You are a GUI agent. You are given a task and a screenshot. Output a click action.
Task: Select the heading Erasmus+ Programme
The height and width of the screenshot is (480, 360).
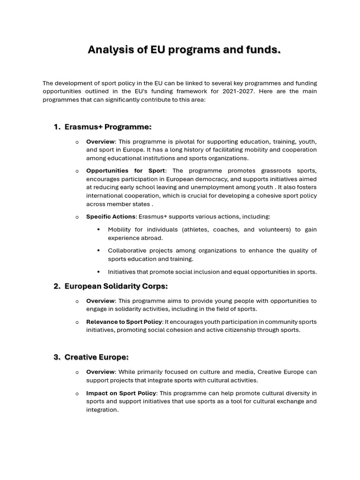click(108, 127)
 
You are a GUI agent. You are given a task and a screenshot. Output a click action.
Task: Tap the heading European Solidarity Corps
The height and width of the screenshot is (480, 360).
click(116, 286)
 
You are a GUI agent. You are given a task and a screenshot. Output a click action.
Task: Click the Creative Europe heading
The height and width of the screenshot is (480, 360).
click(96, 357)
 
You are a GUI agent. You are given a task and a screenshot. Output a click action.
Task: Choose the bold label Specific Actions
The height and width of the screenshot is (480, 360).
click(111, 217)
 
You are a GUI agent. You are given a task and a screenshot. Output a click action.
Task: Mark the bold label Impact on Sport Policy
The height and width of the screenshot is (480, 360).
click(121, 393)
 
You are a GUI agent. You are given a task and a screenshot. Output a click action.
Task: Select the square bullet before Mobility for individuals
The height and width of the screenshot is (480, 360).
click(98, 230)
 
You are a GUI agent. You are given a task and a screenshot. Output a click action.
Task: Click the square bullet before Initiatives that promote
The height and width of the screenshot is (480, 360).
click(98, 271)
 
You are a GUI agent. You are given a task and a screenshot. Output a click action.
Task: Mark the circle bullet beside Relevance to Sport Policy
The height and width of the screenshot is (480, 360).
click(77, 322)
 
